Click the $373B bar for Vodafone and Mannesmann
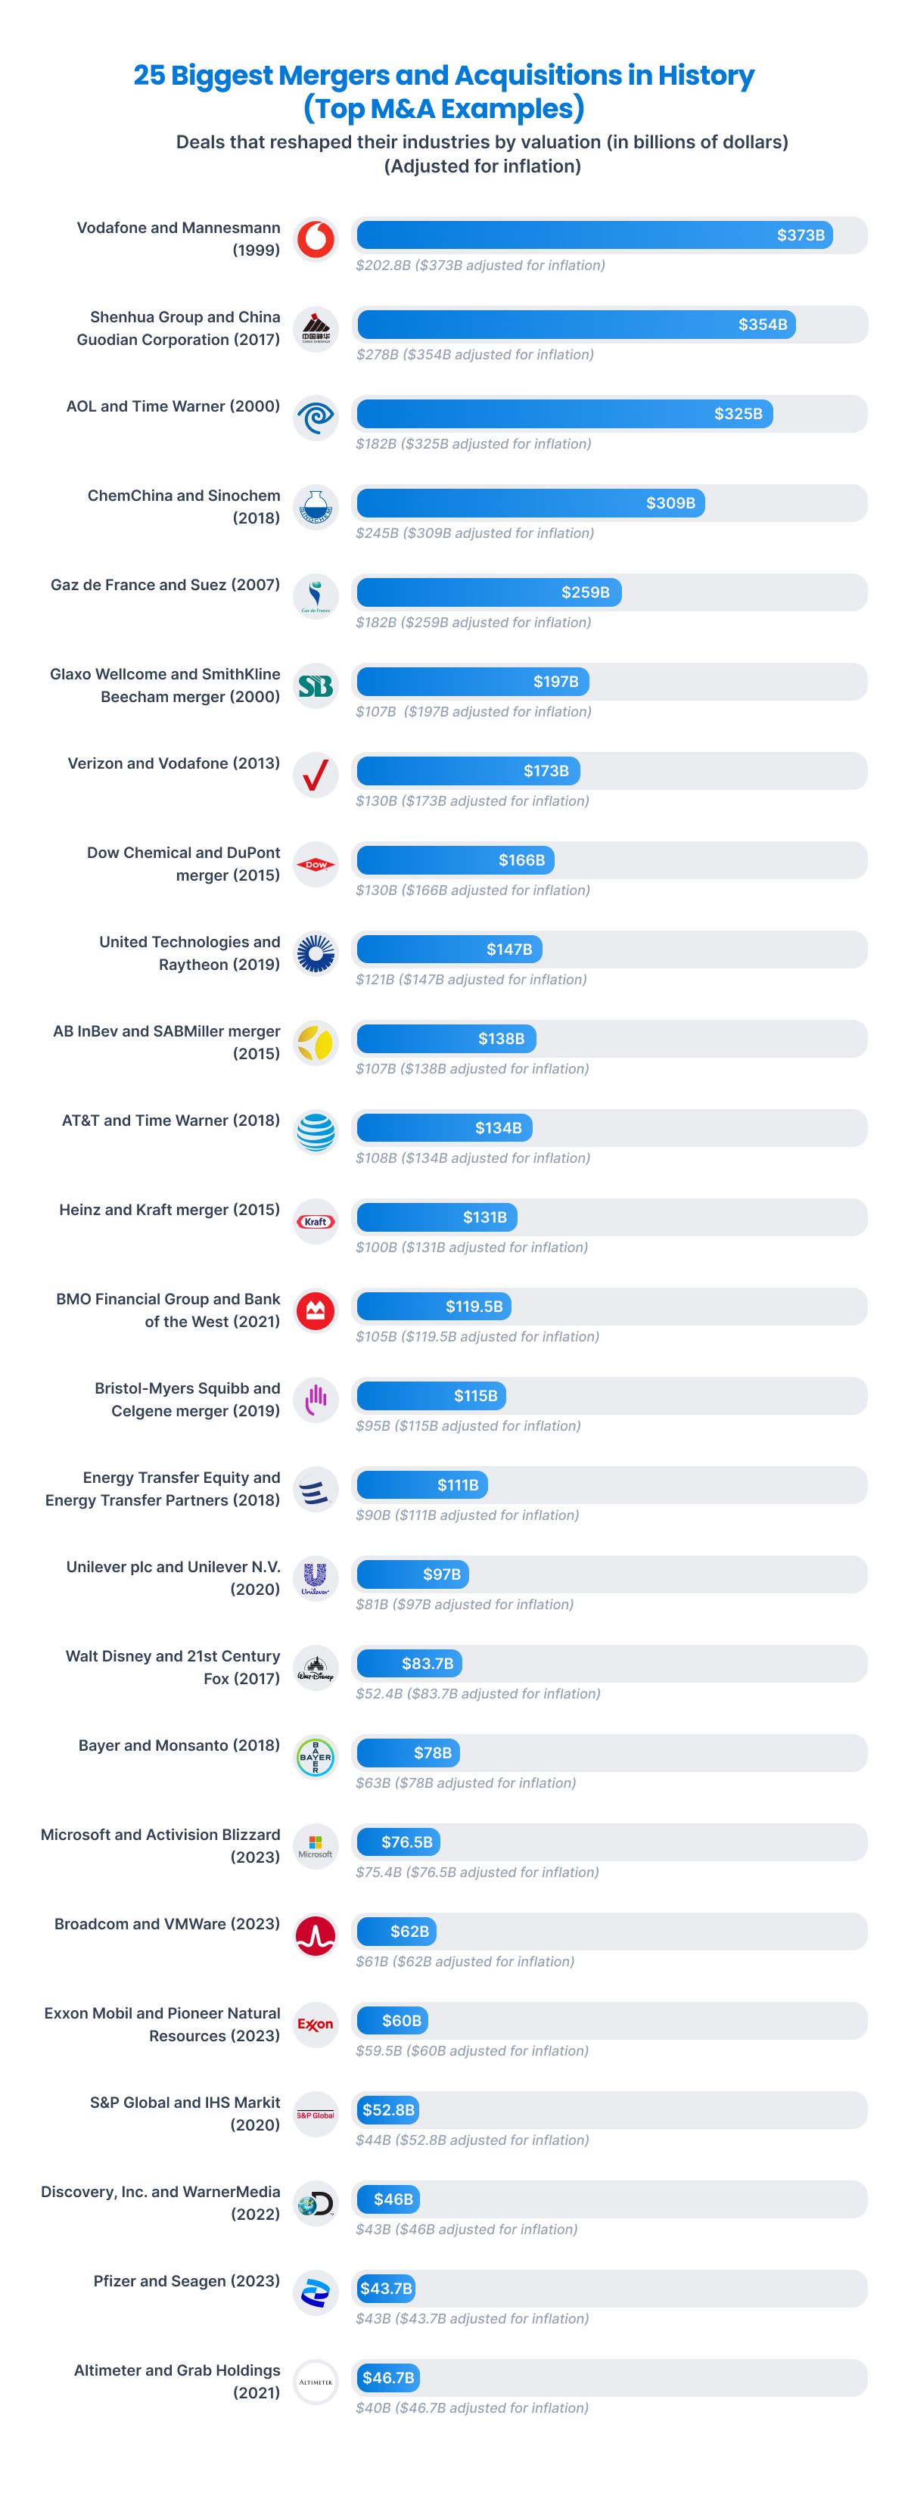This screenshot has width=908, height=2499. click(594, 235)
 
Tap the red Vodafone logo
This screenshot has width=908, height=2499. click(316, 238)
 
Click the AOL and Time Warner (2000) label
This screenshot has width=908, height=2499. click(173, 406)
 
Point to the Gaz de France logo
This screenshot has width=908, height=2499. click(316, 595)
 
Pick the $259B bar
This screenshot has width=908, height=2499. click(489, 592)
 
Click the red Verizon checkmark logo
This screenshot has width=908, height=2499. click(316, 775)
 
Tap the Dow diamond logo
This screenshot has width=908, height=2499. click(316, 864)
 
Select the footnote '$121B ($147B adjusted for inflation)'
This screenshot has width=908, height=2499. click(471, 980)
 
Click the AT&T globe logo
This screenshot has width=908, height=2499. click(316, 1132)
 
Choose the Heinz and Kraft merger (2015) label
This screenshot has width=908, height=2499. click(169, 1210)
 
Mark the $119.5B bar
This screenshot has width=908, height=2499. click(434, 1307)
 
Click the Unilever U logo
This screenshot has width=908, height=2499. click(316, 1577)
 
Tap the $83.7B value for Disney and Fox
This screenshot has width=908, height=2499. click(427, 1664)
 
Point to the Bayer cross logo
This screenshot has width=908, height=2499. click(316, 1757)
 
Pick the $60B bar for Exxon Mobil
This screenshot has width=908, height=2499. click(393, 2021)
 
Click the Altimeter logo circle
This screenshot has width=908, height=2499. click(316, 2382)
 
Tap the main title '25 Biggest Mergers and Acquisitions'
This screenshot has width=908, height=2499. click(443, 76)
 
